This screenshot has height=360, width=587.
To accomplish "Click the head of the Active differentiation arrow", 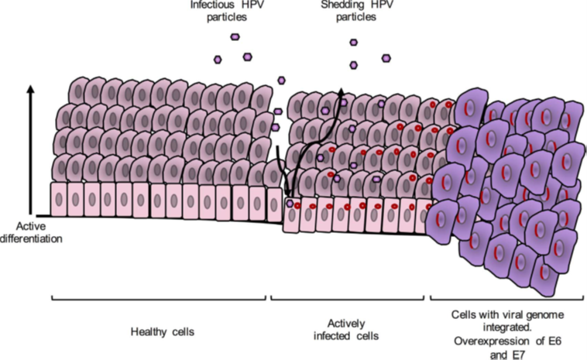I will pos(31,87).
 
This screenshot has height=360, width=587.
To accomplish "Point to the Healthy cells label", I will pos(162,332).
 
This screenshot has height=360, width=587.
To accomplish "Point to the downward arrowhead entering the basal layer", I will pos(287,196).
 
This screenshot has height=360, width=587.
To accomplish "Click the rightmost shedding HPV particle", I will pos(386,57).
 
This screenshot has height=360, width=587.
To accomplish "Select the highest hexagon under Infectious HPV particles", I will pos(235,36).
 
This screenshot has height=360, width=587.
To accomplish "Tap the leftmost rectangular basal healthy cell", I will pos(59,199).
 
